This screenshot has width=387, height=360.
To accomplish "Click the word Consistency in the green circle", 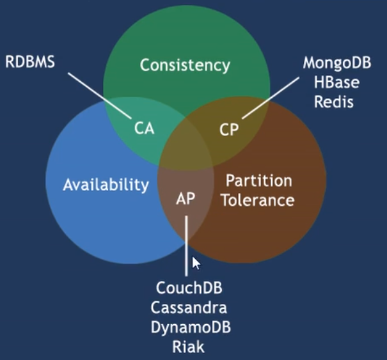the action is click(185, 66).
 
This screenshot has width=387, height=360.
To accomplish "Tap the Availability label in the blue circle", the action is click(106, 185).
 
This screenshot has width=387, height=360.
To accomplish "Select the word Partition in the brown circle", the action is click(259, 180).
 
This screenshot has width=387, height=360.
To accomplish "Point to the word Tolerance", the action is click(258, 200).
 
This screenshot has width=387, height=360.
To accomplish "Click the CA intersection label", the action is click(145, 129).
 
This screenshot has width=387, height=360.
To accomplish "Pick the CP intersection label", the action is click(229, 129).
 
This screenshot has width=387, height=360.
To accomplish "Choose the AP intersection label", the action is click(186, 198).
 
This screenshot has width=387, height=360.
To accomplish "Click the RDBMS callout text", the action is click(30, 61).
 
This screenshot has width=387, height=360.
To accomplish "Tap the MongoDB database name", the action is click(337, 63).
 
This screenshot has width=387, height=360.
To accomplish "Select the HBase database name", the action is click(336, 82).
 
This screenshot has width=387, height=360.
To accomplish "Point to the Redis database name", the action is click(334, 102).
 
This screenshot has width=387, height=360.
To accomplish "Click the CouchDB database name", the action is click(189, 288).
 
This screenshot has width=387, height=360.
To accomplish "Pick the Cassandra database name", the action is click(189, 308).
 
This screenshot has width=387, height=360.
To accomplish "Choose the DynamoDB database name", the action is click(191, 327).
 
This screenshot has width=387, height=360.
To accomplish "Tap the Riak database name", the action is click(189, 347).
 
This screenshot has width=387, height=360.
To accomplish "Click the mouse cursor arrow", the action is click(196, 263).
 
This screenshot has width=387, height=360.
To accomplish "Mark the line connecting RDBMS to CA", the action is click(100, 96).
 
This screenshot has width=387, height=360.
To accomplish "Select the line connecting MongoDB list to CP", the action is click(271, 98).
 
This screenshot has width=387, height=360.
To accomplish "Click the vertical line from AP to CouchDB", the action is click(186, 246).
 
